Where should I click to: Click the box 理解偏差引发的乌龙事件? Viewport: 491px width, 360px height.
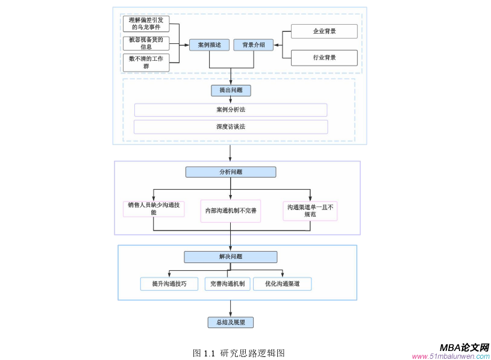(146, 23)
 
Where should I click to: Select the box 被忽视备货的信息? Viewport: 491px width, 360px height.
(146, 43)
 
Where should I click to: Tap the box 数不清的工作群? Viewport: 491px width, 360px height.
(146, 62)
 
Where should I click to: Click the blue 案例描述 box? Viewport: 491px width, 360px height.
(209, 45)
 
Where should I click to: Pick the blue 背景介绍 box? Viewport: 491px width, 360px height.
(253, 45)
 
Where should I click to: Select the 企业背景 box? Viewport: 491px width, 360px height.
(324, 31)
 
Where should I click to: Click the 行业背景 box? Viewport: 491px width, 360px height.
(324, 58)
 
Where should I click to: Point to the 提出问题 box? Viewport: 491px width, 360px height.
(231, 90)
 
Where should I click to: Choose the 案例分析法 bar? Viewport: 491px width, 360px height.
(231, 110)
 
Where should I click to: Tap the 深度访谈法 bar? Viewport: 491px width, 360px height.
(231, 127)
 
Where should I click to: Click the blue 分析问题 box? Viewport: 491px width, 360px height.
(231, 172)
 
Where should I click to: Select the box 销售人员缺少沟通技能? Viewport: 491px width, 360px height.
(153, 208)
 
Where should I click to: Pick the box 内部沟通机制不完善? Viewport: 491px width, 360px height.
(231, 211)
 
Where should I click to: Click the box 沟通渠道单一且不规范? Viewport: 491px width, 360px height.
(310, 210)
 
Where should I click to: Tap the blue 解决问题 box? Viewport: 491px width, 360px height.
(231, 257)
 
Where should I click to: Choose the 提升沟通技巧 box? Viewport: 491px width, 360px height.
(169, 284)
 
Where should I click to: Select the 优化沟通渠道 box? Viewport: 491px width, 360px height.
(282, 284)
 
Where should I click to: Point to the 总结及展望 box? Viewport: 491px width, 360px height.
(231, 323)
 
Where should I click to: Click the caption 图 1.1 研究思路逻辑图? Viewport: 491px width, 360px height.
(239, 353)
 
